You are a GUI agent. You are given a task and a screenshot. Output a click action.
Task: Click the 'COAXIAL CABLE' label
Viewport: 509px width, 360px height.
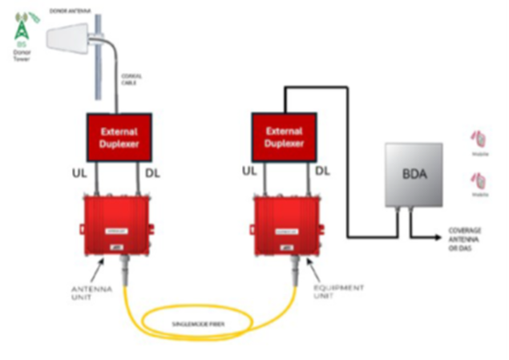click(x=131, y=79)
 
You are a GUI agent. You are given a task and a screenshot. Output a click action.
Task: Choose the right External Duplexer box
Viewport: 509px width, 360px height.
click(x=284, y=136)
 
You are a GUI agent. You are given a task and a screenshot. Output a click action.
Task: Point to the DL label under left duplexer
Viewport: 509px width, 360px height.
click(x=152, y=172)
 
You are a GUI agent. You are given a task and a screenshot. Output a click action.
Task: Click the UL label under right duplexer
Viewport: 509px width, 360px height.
click(x=249, y=172)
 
